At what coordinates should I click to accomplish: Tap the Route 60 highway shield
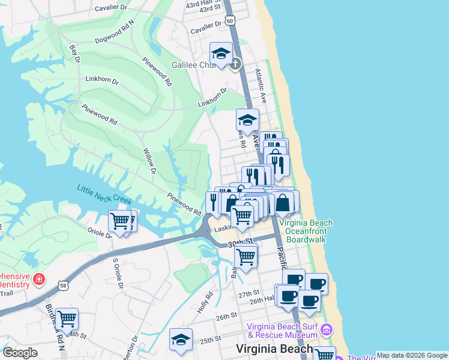231,20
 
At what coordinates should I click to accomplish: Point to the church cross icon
236,64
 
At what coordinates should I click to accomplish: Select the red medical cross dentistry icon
39,279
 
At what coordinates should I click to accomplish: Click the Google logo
20,353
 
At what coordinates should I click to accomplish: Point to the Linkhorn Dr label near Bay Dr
102,79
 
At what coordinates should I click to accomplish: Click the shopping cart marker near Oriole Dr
120,221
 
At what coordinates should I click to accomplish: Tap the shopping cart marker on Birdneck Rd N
67,319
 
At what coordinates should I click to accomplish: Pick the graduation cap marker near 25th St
181,340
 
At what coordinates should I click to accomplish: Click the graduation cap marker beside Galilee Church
221,53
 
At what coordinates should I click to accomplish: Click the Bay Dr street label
74,52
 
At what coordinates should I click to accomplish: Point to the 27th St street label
247,295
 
